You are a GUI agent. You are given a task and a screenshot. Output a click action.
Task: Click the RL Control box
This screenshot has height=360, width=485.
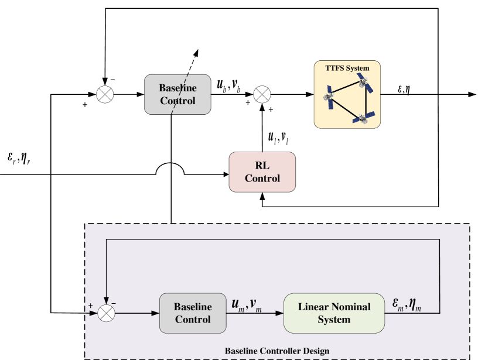[x=262, y=172]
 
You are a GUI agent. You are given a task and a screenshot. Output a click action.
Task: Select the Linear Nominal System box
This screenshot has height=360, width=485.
[x=334, y=313]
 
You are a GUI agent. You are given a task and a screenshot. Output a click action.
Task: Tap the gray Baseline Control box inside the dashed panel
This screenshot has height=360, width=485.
[x=193, y=313]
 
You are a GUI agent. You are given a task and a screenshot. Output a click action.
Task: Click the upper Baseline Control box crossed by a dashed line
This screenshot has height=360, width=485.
[x=177, y=94]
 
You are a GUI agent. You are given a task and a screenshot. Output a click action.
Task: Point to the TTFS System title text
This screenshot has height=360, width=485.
[x=347, y=68]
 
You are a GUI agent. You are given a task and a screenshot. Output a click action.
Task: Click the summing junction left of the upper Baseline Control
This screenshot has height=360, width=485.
[x=105, y=94]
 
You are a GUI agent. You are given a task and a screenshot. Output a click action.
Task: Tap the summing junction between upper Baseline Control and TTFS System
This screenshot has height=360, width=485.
[x=262, y=94]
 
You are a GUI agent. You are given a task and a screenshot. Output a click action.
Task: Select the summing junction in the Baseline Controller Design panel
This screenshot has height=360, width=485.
[x=105, y=313]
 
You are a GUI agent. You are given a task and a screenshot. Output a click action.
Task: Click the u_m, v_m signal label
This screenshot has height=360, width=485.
[x=246, y=304]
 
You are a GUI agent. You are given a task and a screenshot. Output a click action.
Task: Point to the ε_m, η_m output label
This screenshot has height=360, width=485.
[x=407, y=304]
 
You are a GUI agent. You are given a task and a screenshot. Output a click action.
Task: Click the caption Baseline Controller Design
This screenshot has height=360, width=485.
[x=277, y=351]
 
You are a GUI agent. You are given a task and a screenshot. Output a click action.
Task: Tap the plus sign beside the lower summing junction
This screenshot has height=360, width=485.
[x=91, y=306]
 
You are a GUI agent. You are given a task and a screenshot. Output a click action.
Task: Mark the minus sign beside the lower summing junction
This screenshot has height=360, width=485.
[x=114, y=303]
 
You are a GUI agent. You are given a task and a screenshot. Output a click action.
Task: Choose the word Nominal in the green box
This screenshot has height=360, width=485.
[x=351, y=307]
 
